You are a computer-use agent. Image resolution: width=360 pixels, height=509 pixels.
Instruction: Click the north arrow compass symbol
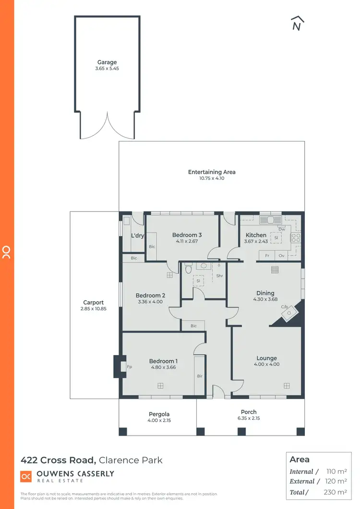[x=298, y=24]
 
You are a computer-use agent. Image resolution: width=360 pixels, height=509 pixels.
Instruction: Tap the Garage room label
[x=107, y=62]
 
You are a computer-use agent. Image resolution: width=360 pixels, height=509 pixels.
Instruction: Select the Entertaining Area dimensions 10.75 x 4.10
[x=212, y=178]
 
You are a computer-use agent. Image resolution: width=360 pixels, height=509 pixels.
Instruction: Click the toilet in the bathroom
[x=188, y=269]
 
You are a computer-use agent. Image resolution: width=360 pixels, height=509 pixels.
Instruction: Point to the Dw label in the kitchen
[x=282, y=229]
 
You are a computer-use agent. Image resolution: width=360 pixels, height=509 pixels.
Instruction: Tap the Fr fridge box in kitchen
[x=267, y=256]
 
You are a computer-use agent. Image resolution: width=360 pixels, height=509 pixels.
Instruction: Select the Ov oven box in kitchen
[x=282, y=256]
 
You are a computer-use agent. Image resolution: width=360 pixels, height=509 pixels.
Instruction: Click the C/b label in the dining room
[x=284, y=307]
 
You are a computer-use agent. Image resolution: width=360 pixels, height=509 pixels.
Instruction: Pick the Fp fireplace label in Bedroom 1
[x=129, y=367]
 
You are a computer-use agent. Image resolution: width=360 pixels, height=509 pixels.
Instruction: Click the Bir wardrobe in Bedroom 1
[x=200, y=376]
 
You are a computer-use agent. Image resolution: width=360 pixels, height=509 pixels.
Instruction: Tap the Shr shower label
[x=219, y=276]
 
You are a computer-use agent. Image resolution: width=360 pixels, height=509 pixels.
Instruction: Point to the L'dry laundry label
[x=138, y=236]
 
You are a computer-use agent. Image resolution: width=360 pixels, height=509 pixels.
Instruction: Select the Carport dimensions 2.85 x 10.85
[x=94, y=309]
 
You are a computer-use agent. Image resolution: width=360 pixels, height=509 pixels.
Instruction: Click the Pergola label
[x=158, y=414]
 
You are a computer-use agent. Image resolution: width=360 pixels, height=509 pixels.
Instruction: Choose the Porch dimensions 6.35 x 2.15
[x=249, y=418]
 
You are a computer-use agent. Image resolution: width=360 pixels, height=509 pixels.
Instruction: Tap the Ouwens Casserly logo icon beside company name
[x=26, y=476]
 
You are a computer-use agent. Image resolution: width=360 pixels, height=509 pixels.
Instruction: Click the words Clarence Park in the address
[x=131, y=460]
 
